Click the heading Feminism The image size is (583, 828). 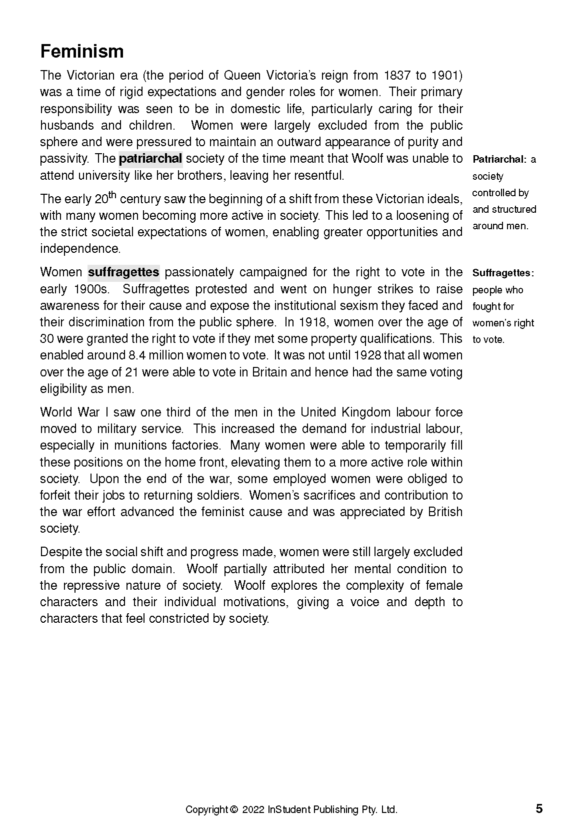click(81, 52)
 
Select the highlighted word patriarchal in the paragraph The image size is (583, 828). click(150, 159)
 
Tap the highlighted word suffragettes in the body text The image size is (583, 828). click(123, 272)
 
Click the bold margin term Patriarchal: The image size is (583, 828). click(499, 160)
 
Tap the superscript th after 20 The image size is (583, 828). click(112, 194)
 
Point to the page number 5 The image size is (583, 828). click(539, 808)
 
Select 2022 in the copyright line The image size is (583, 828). click(253, 809)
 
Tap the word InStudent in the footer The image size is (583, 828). click(289, 809)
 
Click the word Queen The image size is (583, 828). click(242, 76)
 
